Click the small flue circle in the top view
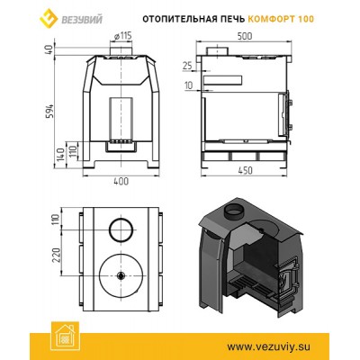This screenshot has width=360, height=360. click(x=121, y=229)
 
